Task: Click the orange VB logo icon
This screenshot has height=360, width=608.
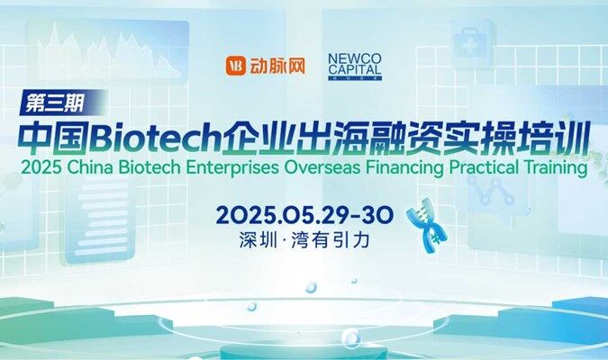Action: [x=236, y=66]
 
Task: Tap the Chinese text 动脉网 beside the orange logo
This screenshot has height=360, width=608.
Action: [x=277, y=66]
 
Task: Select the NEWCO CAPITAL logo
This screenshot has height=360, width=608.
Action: [x=355, y=67]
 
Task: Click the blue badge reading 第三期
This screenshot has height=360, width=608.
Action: [x=62, y=103]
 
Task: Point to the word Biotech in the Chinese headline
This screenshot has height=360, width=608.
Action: [x=158, y=138]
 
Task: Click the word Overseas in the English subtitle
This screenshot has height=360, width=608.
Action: [x=322, y=167]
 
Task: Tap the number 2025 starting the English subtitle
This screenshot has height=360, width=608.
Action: [x=41, y=167]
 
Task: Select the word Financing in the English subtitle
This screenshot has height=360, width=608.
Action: [x=404, y=168]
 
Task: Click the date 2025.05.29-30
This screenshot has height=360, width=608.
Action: [x=304, y=215]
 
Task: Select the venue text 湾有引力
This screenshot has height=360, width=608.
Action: [x=331, y=240]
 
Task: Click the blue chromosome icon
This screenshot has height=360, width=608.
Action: [x=427, y=226]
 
